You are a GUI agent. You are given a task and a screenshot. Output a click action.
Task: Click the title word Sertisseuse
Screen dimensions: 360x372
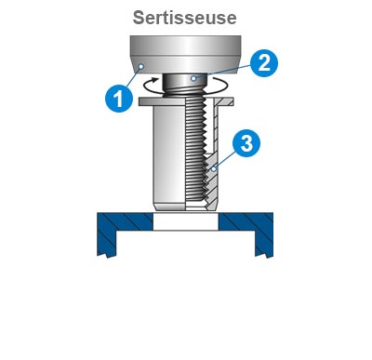coord(185,17)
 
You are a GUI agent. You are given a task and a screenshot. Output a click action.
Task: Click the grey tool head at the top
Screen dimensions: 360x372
coord(185,51)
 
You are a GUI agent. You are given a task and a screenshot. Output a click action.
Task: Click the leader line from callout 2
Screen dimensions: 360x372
coord(223,72)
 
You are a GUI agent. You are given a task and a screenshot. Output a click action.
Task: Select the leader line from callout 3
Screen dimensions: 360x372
coord(227,158)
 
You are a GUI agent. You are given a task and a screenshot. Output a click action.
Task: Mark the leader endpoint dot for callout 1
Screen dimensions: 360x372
coord(139,67)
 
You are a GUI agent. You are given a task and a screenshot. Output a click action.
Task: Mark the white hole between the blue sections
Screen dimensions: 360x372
coord(185,223)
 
